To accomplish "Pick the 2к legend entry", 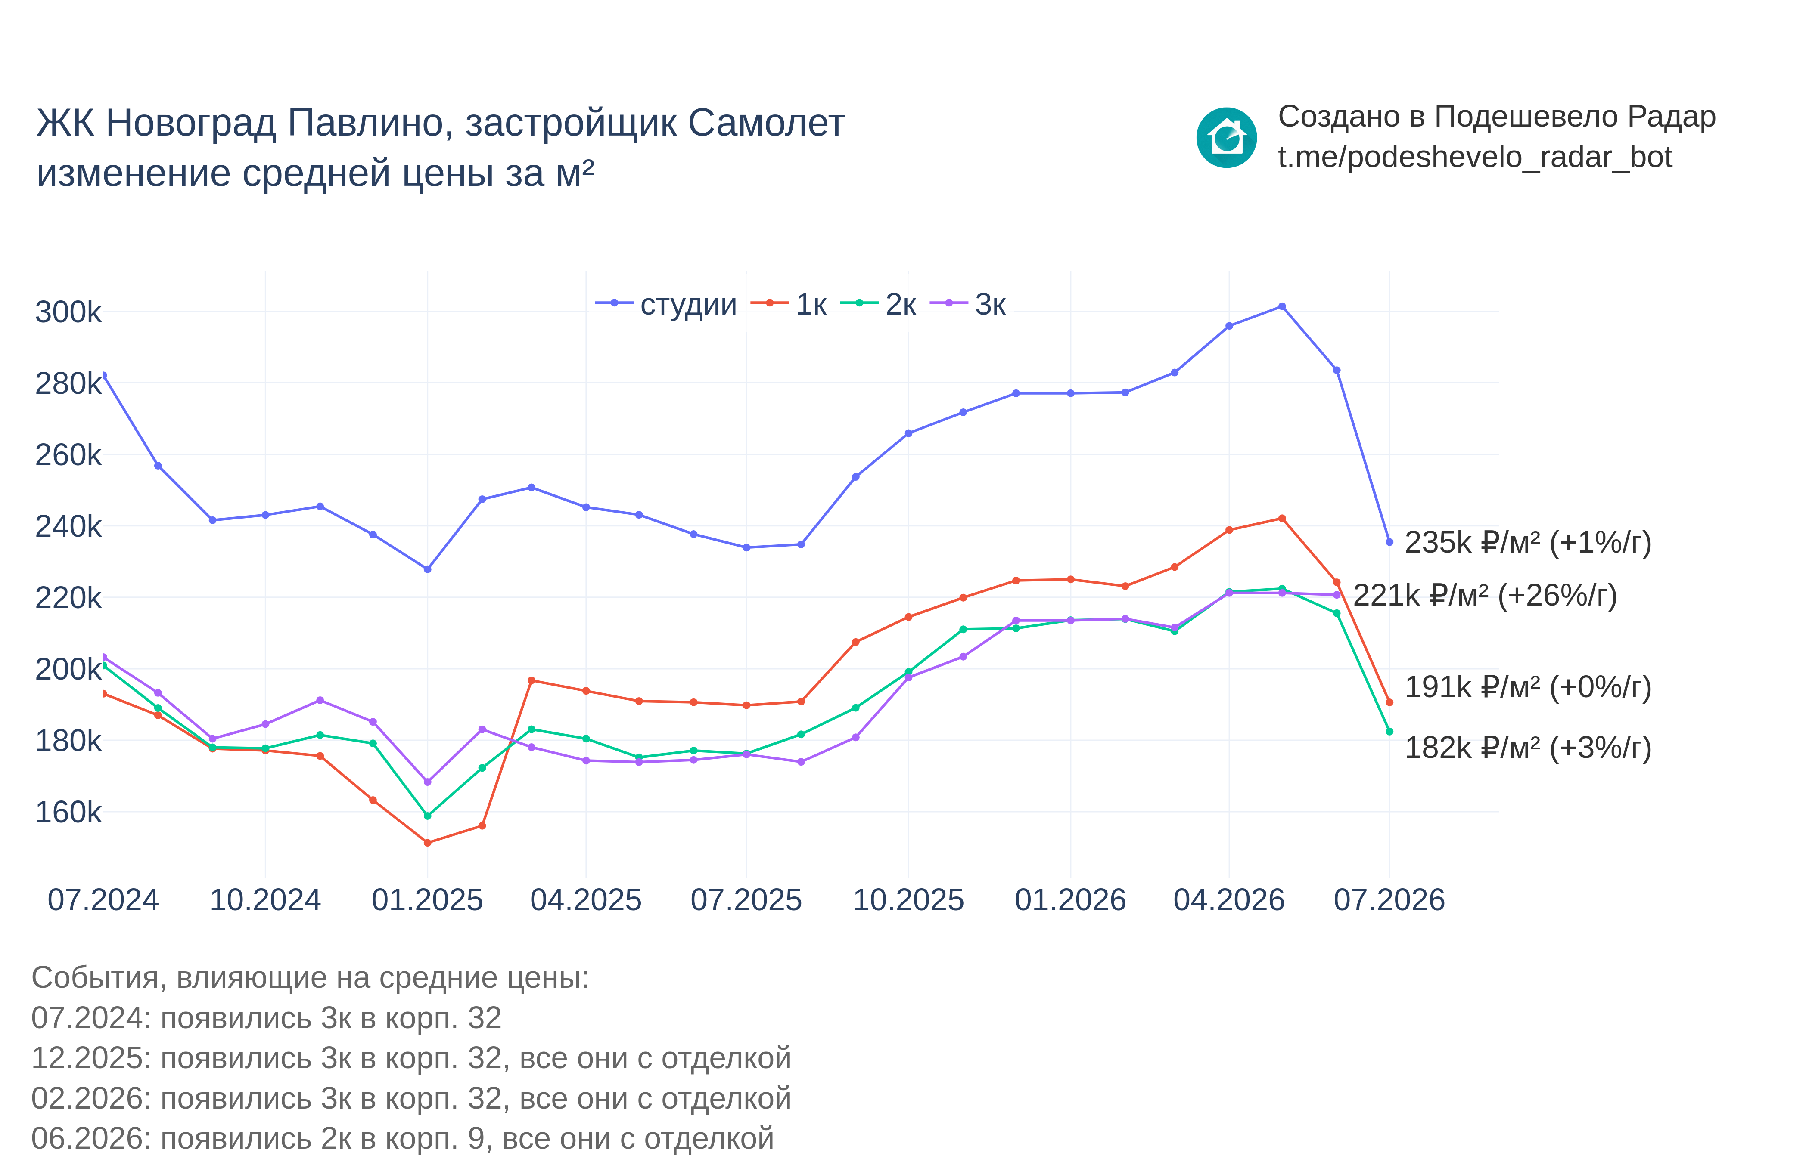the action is [878, 304].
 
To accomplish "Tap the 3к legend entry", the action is [968, 304].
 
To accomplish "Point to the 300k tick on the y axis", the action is [68, 312].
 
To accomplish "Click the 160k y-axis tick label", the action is [68, 812].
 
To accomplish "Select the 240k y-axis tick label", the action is [68, 526].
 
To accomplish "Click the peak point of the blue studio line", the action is [1282, 306].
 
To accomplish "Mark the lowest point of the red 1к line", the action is [427, 843].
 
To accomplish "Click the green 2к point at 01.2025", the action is [427, 816].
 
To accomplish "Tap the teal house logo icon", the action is [1226, 137].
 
